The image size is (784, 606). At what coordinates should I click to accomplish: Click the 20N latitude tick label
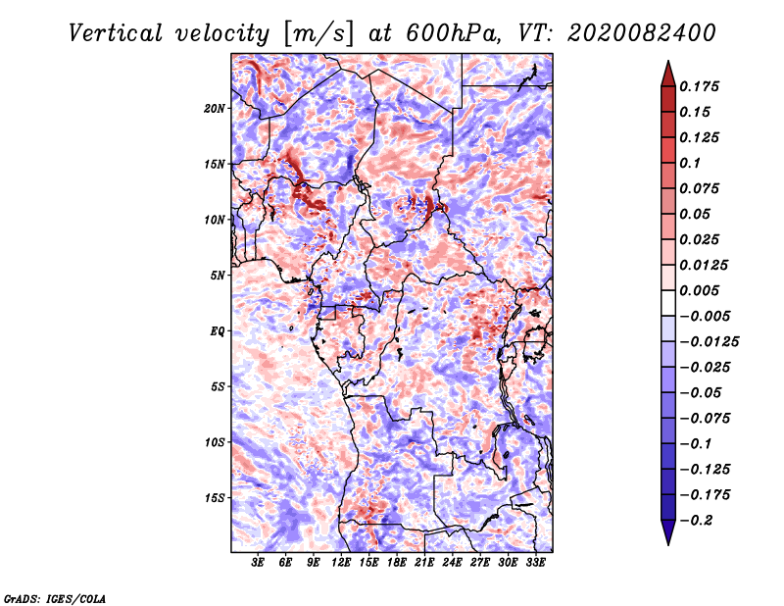(x=215, y=108)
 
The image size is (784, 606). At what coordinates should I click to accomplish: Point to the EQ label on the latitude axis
(x=218, y=330)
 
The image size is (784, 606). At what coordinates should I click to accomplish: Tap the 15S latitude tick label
(x=215, y=498)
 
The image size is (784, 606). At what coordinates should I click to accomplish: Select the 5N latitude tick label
(x=218, y=276)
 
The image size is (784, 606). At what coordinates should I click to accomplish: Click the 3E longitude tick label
(x=258, y=563)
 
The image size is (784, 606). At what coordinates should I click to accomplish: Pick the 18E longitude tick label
(x=397, y=563)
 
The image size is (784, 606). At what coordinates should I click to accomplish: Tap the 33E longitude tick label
(x=535, y=563)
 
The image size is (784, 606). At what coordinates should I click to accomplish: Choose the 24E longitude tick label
(x=452, y=563)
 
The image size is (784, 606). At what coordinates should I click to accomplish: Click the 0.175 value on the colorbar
(x=699, y=86)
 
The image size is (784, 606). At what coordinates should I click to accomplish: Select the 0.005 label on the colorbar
(x=699, y=290)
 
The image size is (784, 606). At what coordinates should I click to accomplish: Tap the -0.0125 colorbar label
(x=709, y=342)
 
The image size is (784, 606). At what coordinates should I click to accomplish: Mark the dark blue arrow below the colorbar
(x=668, y=531)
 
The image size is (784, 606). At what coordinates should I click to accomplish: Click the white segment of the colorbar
(x=668, y=303)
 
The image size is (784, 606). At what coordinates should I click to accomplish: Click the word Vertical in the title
(x=116, y=33)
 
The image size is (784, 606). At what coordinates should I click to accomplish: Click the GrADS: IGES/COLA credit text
(x=55, y=598)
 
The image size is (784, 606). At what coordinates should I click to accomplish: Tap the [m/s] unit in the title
(x=318, y=34)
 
